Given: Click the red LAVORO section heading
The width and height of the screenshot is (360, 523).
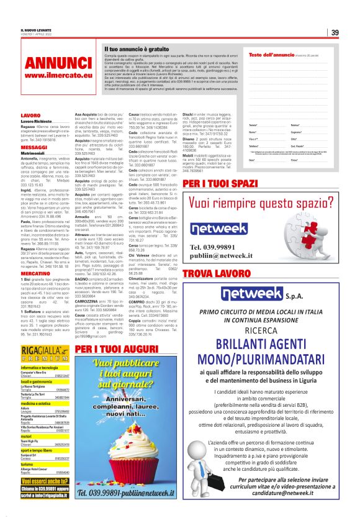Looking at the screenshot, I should point(30,116).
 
